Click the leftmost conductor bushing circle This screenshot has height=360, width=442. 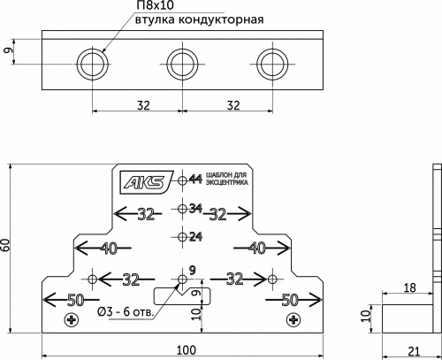click(92, 62)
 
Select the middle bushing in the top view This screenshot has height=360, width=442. click(182, 62)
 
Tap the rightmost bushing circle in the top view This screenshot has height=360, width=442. click(272, 62)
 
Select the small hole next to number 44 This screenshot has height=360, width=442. click(182, 180)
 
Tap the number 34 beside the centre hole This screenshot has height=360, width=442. click(196, 210)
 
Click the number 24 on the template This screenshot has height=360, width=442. click(196, 237)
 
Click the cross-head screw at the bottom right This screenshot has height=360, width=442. click(293, 319)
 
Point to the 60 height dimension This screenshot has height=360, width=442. click(6, 247)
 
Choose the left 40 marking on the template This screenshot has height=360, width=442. click(109, 247)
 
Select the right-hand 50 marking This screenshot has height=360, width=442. click(289, 300)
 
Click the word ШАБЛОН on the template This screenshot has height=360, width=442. click(217, 176)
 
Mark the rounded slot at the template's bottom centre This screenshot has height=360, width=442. click(171, 294)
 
